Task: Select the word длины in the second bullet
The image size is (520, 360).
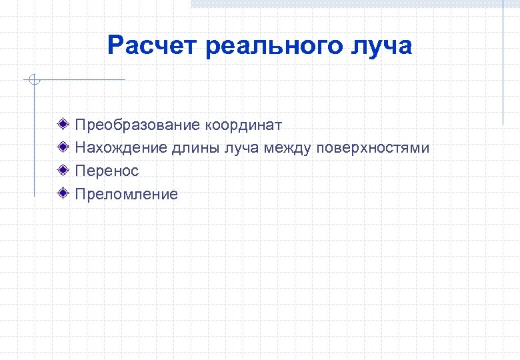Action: [192, 148]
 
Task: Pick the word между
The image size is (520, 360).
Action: [287, 148]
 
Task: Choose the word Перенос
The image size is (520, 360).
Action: [107, 171]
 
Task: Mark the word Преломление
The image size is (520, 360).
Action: [126, 194]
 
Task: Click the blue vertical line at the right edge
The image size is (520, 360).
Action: [503, 67]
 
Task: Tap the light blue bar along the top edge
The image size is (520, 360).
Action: [353, 3]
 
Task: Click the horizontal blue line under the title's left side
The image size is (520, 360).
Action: [80, 80]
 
